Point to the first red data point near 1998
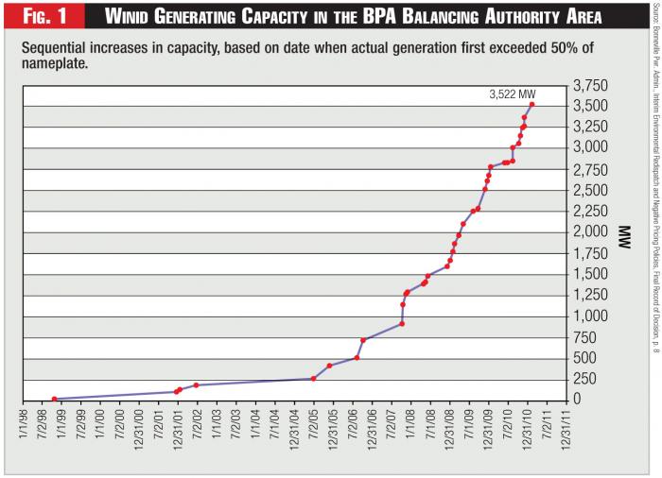point(54,399)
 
